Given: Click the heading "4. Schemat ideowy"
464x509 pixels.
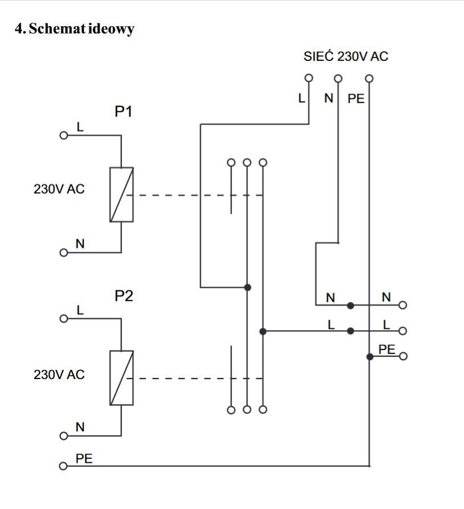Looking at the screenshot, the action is click(x=74, y=28).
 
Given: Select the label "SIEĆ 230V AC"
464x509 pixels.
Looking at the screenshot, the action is click(x=346, y=56).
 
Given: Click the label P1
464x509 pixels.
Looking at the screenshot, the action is click(x=123, y=111).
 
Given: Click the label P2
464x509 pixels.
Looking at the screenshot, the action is click(x=124, y=296).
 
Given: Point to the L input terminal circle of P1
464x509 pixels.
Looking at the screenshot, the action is click(x=64, y=135).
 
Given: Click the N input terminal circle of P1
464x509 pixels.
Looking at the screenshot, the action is click(x=64, y=253).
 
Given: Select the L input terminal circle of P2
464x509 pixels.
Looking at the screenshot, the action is click(x=64, y=319).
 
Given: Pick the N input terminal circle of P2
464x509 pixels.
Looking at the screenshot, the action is click(x=64, y=435).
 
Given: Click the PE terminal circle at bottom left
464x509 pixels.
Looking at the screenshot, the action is click(x=63, y=466).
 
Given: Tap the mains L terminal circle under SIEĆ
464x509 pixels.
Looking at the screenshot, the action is click(x=309, y=78).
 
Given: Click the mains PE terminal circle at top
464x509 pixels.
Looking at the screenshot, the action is click(x=369, y=78).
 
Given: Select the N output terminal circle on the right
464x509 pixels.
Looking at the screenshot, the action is click(x=402, y=305).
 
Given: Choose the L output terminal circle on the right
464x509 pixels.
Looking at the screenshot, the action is click(x=402, y=331).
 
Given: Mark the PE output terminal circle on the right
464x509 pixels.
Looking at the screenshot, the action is click(x=403, y=356).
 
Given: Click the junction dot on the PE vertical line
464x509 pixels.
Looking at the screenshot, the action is click(x=369, y=357).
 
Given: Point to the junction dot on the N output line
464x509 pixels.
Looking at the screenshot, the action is click(x=351, y=306).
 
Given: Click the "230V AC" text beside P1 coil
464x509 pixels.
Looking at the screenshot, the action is click(x=59, y=189).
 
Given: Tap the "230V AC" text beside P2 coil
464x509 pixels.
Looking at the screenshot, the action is click(x=59, y=374).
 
